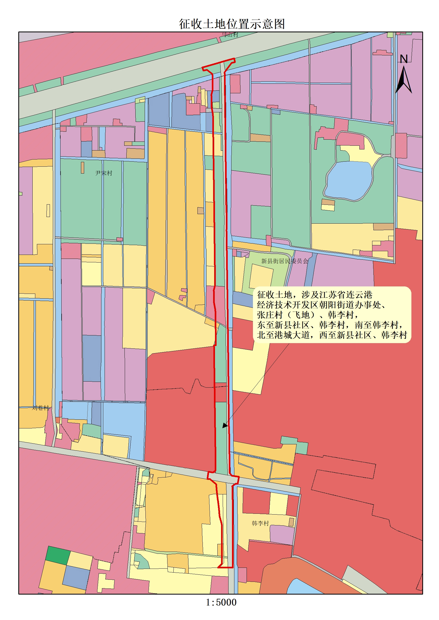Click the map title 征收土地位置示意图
tap(232, 24)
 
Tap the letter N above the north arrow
tap(403, 59)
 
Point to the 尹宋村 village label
tap(104, 173)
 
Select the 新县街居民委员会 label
tap(285, 261)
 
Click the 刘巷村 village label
tap(41, 408)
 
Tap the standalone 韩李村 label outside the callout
tap(260, 523)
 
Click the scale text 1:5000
tap(221, 602)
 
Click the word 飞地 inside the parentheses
tap(302, 315)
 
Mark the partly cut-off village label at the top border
tap(230, 34)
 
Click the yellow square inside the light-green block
tap(261, 277)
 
